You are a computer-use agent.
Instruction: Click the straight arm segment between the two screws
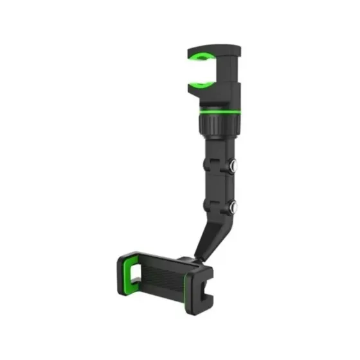(x=216, y=186)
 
